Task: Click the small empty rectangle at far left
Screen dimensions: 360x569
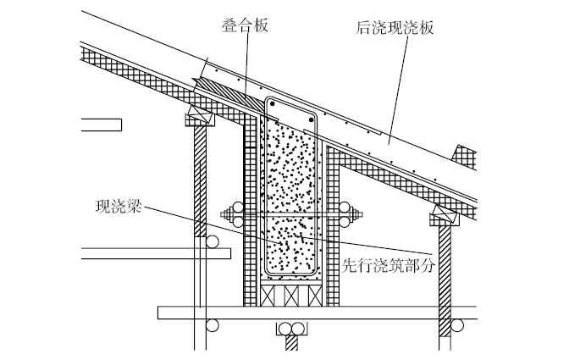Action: pyautogui.click(x=101, y=125)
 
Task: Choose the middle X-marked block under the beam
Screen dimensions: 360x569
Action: pyautogui.click(x=290, y=295)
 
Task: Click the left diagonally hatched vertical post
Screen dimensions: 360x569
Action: pyautogui.click(x=201, y=178)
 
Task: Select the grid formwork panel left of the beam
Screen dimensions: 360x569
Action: pyautogui.click(x=251, y=212)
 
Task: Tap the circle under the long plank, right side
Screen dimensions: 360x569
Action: pyautogui.click(x=456, y=325)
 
